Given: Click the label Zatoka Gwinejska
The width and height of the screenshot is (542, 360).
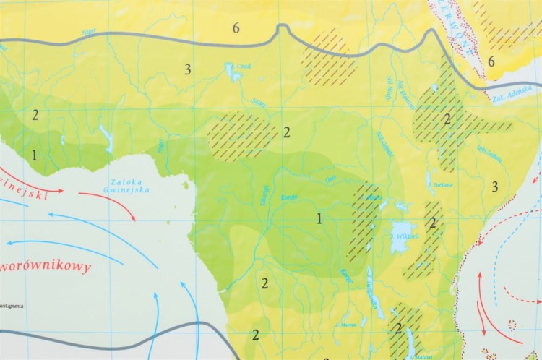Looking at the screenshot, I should coord(131,185).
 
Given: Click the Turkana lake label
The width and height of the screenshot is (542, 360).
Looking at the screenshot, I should coord(444,185).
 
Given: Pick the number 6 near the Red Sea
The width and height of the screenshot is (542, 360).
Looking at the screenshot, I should coord(491,61).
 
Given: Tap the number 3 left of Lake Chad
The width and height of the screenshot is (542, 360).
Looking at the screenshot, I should coord(187,69).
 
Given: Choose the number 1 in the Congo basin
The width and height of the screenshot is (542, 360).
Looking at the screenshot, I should coord(319,217).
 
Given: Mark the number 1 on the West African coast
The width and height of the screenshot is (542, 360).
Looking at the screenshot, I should coord(34,155).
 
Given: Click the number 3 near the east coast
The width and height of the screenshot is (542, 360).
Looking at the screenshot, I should coord(494,187).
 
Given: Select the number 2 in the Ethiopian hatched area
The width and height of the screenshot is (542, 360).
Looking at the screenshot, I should coord(447,119).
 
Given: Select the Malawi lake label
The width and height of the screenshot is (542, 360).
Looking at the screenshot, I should coord(423,356).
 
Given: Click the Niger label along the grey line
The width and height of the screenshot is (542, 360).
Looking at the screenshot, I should coord(89,31).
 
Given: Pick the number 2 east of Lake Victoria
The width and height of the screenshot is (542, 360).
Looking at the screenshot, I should coord(433,223).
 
